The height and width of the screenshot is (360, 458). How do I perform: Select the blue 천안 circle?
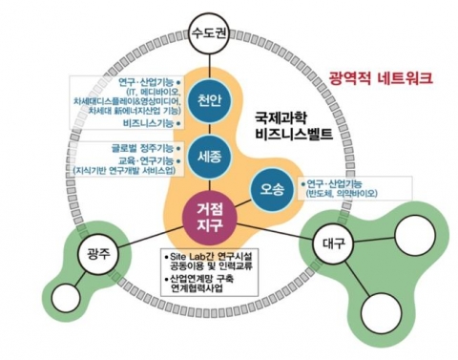209,102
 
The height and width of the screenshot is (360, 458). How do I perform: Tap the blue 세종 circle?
210,155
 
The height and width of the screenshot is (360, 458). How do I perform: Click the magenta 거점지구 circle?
209,214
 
